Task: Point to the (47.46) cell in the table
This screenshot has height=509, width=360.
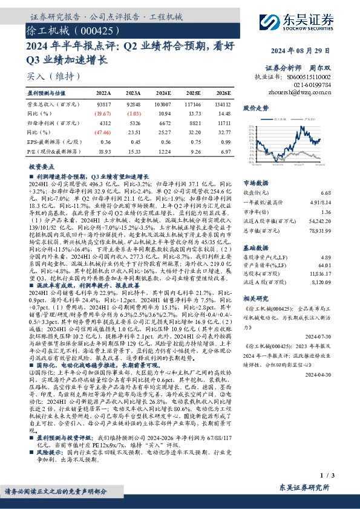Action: (x=103, y=132)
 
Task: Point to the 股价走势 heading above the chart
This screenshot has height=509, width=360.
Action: (x=255, y=108)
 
